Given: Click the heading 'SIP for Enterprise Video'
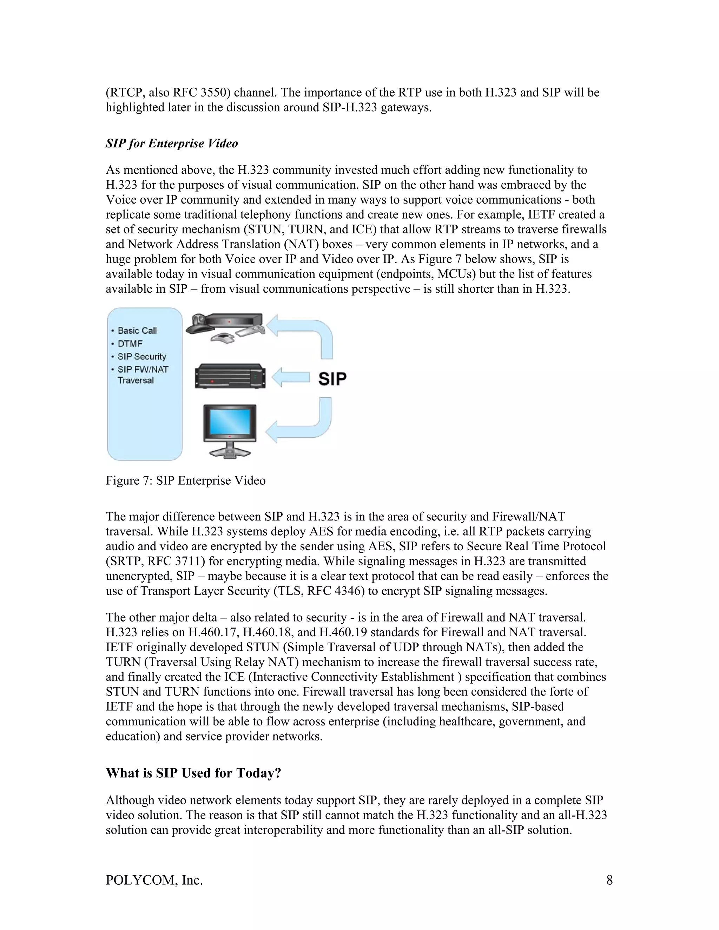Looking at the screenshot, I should tap(172, 144).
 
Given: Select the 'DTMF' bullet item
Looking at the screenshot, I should tap(130, 344).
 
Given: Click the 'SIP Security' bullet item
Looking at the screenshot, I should tap(141, 357).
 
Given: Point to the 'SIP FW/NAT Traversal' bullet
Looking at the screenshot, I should tap(142, 375).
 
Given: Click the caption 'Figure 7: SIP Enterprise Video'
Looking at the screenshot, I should tap(185, 481).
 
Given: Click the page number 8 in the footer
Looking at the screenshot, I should tap(609, 880).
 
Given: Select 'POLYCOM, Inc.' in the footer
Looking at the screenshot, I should tap(154, 880).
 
